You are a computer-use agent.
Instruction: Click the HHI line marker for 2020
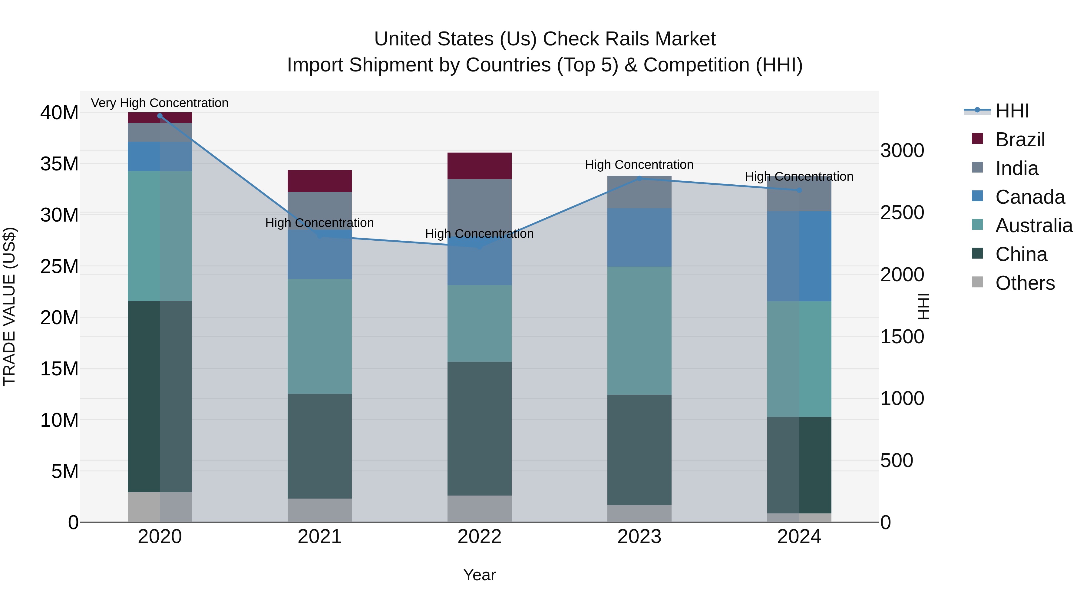160,116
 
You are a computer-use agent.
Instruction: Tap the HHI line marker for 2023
639,179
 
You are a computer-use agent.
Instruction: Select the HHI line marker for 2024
799,190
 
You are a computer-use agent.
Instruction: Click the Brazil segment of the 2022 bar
479,166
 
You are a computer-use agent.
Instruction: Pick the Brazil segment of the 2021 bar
319,181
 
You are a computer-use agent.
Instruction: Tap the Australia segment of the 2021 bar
319,336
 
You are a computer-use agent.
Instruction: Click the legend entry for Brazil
1020,140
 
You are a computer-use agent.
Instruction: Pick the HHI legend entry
1012,111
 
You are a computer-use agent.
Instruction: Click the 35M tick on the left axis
59,164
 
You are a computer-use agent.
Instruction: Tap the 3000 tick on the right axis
902,151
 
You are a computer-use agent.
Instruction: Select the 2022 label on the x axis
479,537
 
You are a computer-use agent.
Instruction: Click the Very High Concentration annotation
160,103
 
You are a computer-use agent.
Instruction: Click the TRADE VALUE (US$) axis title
9,306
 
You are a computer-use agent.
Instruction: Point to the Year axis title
479,575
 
